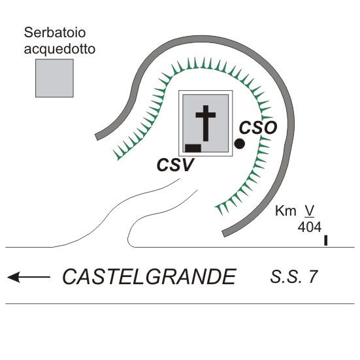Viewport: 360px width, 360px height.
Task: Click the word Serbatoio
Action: [55, 33]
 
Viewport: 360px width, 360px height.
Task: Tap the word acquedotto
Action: [59, 50]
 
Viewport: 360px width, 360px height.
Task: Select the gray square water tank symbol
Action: [54, 78]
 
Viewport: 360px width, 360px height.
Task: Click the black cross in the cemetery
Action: [206, 123]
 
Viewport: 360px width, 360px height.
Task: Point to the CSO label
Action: [258, 128]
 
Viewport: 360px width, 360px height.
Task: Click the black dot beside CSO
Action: [240, 144]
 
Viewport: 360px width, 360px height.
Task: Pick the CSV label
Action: [175, 165]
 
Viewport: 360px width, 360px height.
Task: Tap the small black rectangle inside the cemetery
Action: [193, 148]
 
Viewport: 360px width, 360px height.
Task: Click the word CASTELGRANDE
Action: [149, 277]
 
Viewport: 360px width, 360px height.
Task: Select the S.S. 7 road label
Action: [294, 277]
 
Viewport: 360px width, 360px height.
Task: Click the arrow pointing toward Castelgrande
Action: [29, 277]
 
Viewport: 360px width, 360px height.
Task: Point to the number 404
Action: [310, 227]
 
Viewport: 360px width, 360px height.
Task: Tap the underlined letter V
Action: [310, 211]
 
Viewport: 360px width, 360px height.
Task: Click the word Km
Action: [286, 211]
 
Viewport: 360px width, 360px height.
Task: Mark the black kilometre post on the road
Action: [325, 240]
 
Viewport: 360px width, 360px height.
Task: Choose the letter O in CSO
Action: [270, 128]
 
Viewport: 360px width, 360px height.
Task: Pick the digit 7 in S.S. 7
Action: [313, 277]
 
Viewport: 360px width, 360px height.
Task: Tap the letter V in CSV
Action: [187, 165]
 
